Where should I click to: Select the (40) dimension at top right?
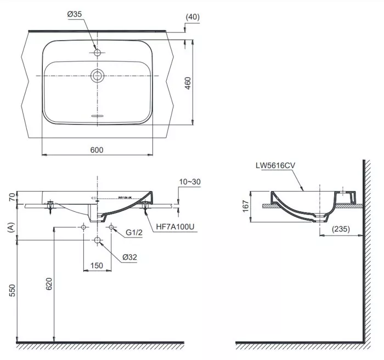click(193, 17)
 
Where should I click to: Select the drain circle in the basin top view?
click(98, 75)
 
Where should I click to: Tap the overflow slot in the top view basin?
click(98, 116)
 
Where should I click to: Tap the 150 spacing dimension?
click(97, 266)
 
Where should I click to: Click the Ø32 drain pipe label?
click(130, 257)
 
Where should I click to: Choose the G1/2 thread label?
click(134, 233)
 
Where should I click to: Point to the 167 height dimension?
click(246, 206)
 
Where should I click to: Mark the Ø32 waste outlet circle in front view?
click(98, 240)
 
